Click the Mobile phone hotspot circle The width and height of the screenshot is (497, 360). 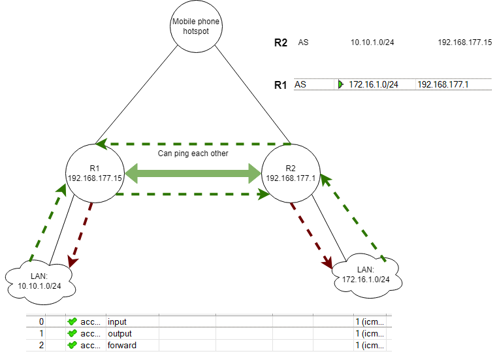[196, 27]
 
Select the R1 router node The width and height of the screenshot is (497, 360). [95, 173]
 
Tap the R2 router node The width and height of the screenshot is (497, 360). [290, 173]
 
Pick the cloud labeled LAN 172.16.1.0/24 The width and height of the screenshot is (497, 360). [366, 275]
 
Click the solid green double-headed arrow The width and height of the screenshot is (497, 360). [193, 174]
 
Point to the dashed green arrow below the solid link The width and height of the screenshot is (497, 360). [193, 194]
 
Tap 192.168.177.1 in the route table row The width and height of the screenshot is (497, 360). [443, 84]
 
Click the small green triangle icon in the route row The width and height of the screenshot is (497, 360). [340, 84]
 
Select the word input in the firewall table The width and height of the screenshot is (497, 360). [118, 321]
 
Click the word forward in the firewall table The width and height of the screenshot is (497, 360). [122, 344]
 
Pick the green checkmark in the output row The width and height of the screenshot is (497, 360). [72, 333]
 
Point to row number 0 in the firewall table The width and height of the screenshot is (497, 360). [41, 321]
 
